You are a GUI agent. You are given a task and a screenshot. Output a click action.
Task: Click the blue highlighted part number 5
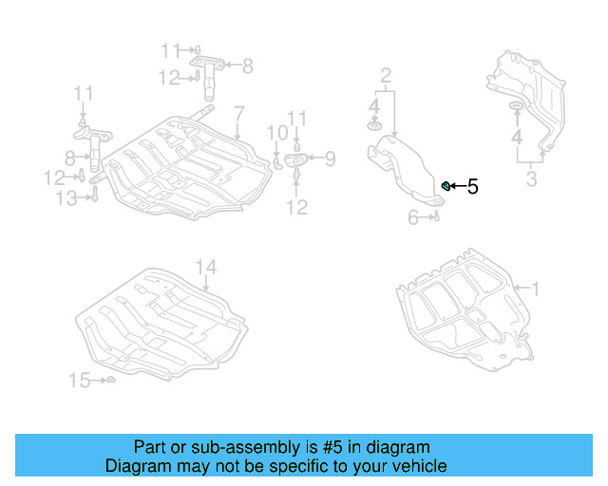point(446,185)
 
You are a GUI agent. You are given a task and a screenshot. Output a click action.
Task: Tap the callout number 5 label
point(472,187)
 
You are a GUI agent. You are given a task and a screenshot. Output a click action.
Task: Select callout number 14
point(206,269)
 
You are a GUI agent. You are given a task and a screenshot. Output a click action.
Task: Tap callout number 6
point(414,217)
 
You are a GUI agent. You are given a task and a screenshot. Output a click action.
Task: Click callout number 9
point(329,158)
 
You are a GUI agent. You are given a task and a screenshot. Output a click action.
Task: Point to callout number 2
point(386,75)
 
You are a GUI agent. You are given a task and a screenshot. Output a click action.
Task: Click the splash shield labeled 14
point(161,318)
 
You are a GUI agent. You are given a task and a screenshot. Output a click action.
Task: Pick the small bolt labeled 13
point(96,196)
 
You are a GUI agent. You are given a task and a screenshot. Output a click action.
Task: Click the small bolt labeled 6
point(436,217)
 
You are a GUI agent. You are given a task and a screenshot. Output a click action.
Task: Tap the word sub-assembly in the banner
point(246,447)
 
